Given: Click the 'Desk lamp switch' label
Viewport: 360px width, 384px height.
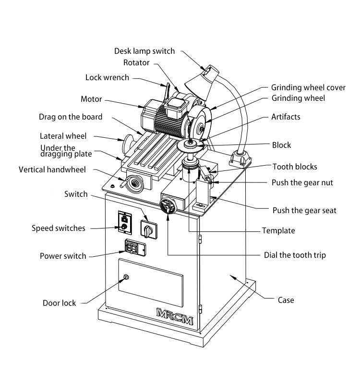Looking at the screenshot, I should click(144, 51).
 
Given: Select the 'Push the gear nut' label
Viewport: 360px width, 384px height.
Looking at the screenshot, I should click(302, 182).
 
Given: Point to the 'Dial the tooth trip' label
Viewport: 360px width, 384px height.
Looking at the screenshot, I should click(295, 255).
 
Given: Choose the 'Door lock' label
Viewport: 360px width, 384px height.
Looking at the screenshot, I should click(60, 303).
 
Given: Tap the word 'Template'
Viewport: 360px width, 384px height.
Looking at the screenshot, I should click(278, 230).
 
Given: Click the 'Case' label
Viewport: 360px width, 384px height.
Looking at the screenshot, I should click(286, 300).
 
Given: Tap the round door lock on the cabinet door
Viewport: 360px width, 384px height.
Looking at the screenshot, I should click(126, 277).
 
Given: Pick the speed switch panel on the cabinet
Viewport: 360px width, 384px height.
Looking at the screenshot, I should click(124, 222).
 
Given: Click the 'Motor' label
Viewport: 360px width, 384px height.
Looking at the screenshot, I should click(91, 99).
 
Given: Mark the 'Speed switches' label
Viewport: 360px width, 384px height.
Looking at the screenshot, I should click(58, 228).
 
